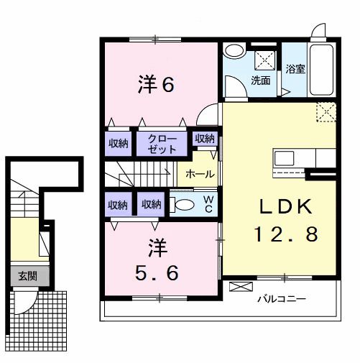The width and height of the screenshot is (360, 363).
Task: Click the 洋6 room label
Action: click(x=156, y=85)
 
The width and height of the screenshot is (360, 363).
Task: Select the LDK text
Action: click(x=285, y=207)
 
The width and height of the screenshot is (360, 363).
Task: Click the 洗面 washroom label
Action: click(x=260, y=81)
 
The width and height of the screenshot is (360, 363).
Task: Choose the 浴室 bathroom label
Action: click(x=295, y=70)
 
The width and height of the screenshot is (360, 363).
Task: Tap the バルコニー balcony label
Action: click(x=282, y=298)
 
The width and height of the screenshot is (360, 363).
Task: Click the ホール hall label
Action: click(x=198, y=174)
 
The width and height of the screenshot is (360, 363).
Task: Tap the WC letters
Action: click(x=207, y=203)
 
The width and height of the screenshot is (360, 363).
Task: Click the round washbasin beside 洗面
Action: click(x=233, y=52)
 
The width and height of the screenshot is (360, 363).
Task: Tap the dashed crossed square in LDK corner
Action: click(x=326, y=111)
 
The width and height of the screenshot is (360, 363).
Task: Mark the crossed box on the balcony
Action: click(x=238, y=287)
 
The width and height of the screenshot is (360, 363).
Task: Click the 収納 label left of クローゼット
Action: click(x=119, y=144)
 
